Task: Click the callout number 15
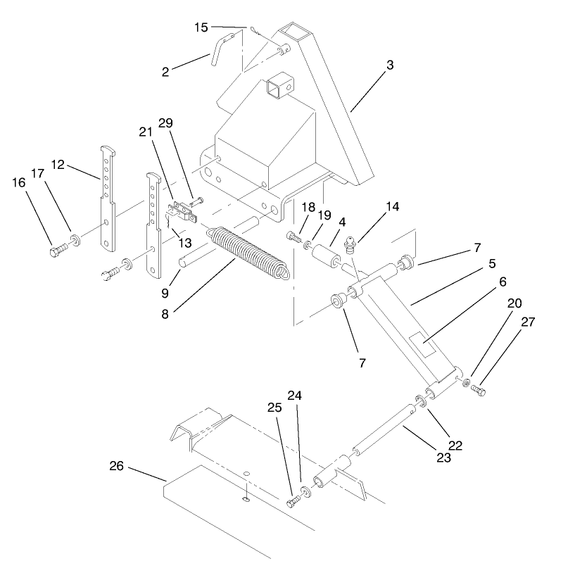click(x=201, y=27)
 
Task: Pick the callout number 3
click(x=389, y=65)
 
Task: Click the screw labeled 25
click(x=295, y=502)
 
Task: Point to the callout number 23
click(x=443, y=457)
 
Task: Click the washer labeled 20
click(x=466, y=382)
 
